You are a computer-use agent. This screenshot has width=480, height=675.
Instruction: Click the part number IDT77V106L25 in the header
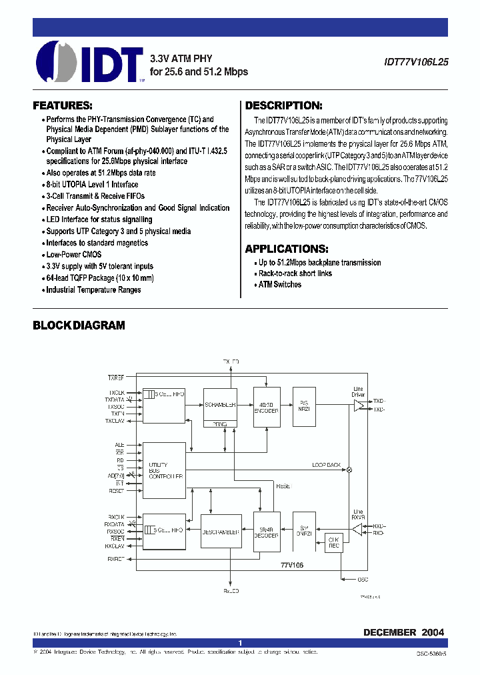pos(416,60)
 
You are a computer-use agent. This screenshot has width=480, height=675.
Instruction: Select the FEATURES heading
pos(63,105)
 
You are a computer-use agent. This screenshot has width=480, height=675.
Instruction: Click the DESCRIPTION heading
pos(284,105)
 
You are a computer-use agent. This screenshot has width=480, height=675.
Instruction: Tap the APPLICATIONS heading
pos(287,249)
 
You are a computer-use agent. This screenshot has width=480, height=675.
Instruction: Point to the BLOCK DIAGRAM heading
pos(79,325)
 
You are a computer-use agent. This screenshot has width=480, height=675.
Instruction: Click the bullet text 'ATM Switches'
pos(279,285)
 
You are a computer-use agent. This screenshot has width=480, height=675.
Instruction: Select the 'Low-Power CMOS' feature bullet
pos(73,255)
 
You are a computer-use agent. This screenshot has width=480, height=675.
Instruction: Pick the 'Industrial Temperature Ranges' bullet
pos(93,290)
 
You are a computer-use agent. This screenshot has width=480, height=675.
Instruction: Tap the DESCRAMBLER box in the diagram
pos(220,532)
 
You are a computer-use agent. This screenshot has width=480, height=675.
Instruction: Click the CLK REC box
pos(334,542)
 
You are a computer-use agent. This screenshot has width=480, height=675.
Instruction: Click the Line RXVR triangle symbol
pos(357,529)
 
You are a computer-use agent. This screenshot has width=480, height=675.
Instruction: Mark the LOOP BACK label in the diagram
pos(326,465)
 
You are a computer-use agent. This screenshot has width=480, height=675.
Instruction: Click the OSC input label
pos(363,579)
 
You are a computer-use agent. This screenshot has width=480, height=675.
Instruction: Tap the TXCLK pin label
pos(117,392)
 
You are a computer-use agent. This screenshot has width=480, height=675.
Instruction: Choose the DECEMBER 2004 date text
pos(403,632)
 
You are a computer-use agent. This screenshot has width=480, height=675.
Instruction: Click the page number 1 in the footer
pos(240,643)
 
